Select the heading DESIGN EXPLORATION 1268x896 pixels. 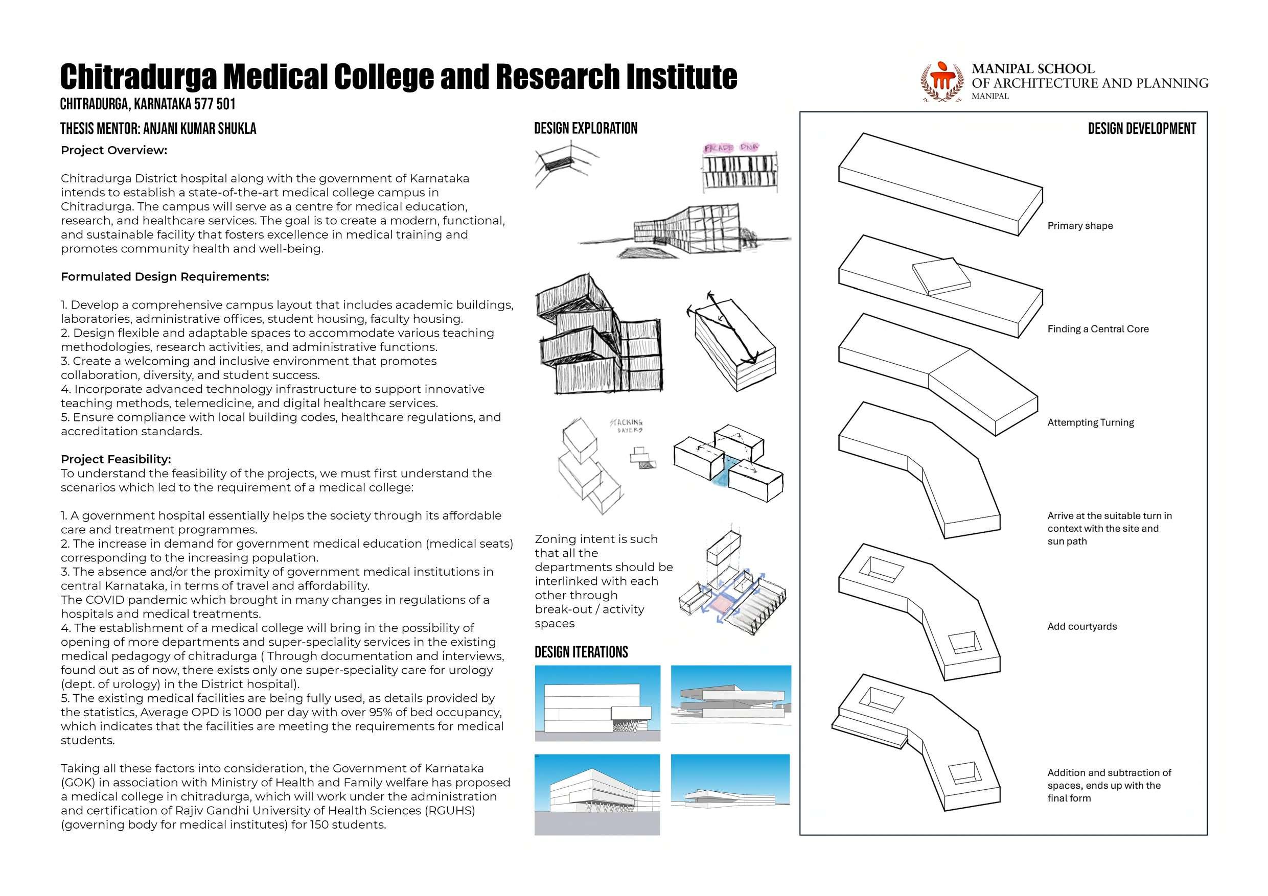[585, 129]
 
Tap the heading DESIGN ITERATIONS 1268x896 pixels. [581, 652]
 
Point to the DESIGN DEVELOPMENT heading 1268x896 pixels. [1142, 129]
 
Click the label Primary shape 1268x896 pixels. [1080, 226]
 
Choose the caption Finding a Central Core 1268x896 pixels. [1097, 329]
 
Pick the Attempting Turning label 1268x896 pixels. [1090, 422]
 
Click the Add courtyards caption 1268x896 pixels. [1082, 627]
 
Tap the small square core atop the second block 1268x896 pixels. [940, 275]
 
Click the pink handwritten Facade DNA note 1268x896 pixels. [731, 148]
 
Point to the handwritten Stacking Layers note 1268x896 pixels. [627, 426]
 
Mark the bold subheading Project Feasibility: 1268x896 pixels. [116, 459]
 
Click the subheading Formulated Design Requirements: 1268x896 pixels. [165, 276]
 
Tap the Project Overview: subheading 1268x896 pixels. [114, 150]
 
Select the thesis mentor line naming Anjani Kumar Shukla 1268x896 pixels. [158, 129]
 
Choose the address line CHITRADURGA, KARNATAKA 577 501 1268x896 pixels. [148, 104]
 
